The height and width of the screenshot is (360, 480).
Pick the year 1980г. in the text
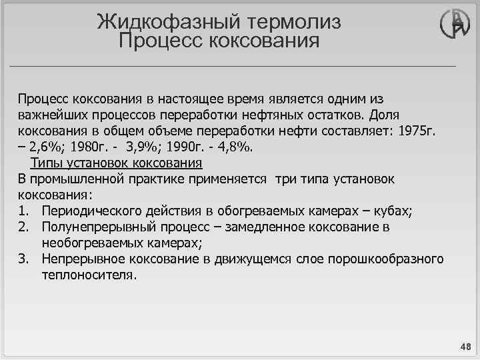[x=88, y=147]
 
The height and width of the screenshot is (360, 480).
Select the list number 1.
[x=23, y=211]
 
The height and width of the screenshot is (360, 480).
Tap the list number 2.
[x=23, y=227]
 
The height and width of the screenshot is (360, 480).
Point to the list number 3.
[x=23, y=259]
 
